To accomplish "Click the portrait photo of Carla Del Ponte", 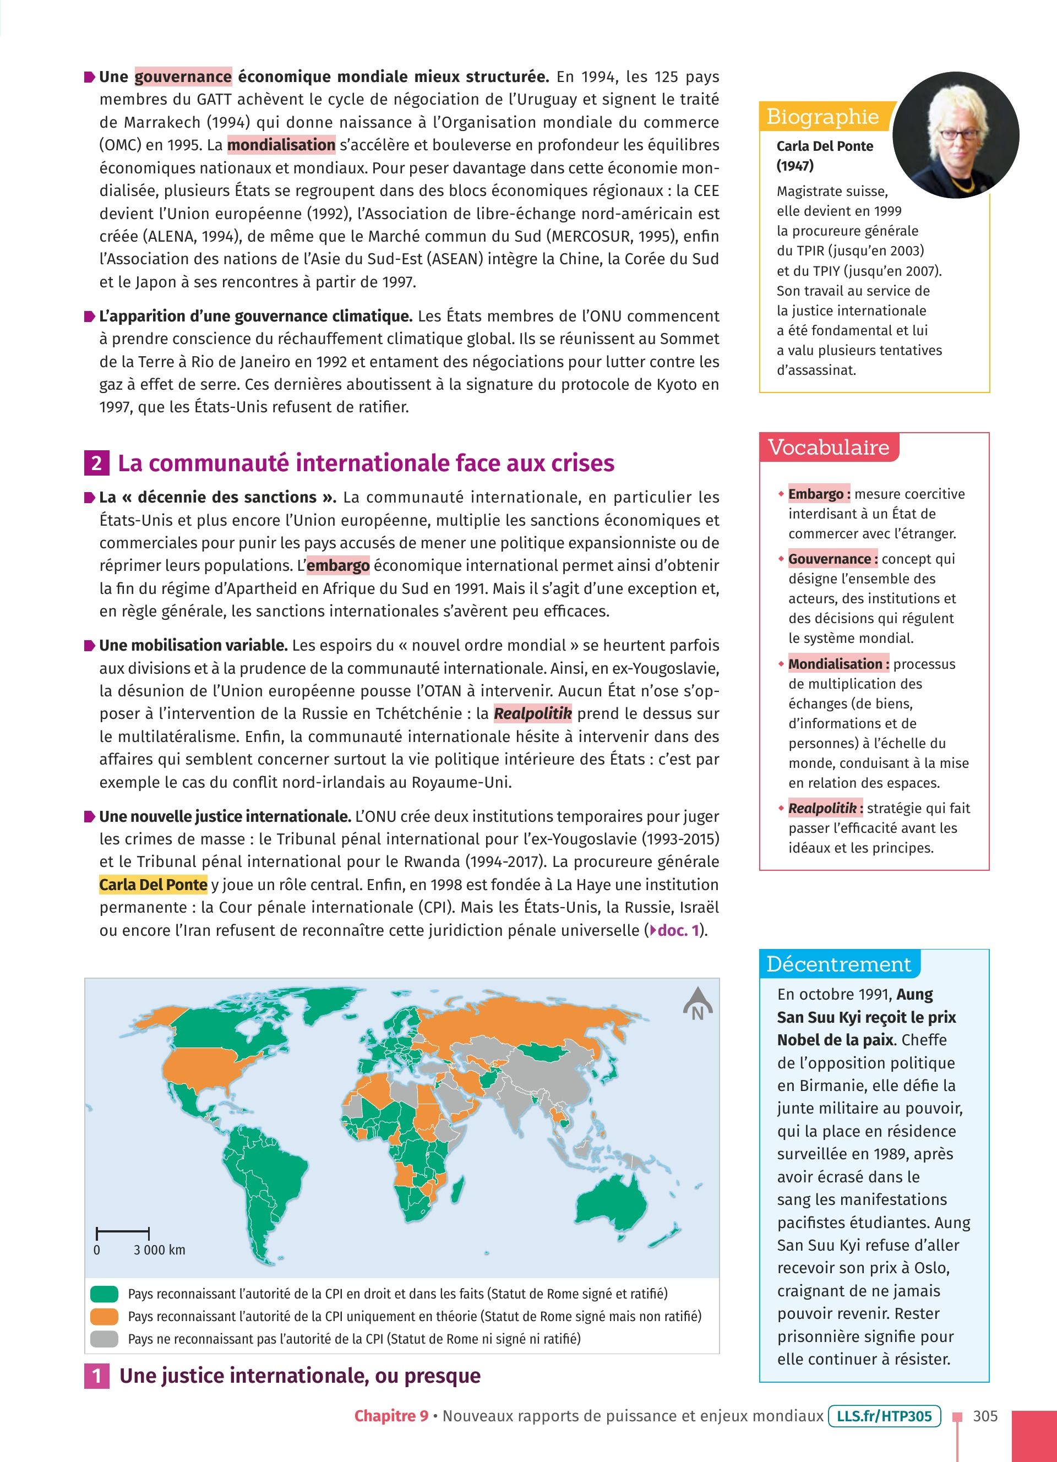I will (x=955, y=135).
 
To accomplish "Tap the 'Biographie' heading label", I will (x=822, y=117).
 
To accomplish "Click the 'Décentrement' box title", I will (x=838, y=964).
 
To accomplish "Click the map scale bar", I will (x=122, y=1234).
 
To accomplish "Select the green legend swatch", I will (x=105, y=1294).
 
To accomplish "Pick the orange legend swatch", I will (x=105, y=1316).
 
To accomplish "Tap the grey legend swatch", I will (x=105, y=1339).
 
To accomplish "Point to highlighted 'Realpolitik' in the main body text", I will (x=532, y=713).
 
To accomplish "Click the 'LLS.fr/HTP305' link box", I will (x=884, y=1416).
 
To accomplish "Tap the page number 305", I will (x=985, y=1416).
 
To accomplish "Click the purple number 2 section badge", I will (x=96, y=463).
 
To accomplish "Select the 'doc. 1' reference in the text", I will (x=677, y=930).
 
